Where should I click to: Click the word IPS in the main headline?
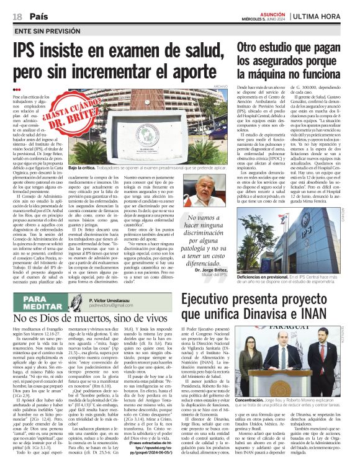tap(31, 50)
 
